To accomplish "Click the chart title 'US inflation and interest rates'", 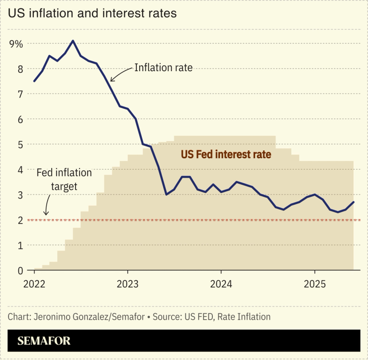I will [92, 13].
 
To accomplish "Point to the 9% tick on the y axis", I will [16, 44].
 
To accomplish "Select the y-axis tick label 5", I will [20, 145].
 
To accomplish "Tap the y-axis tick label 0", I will [20, 271].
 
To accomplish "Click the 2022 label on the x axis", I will [34, 284].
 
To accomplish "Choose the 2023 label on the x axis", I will [127, 284].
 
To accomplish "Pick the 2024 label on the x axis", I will [221, 284].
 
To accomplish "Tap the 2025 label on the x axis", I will [314, 284].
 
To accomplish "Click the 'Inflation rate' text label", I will [163, 68].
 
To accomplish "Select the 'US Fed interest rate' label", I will [226, 155].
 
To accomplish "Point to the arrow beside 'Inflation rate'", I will [119, 74].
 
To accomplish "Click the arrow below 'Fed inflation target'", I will [46, 205].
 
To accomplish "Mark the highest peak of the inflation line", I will [73, 41].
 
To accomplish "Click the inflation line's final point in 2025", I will [353, 202].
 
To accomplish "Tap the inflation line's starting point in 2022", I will [34, 81].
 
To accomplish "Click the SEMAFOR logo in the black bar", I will [44, 341].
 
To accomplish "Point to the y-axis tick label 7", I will [20, 94].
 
